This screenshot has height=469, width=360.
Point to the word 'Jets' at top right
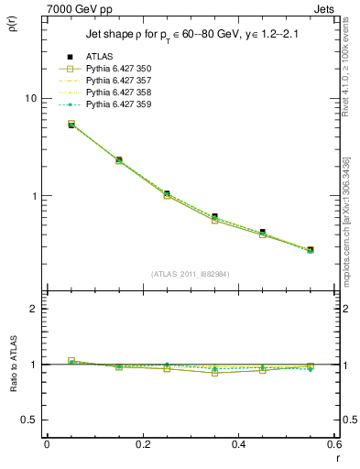coord(327,7)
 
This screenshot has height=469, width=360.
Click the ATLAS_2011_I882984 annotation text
coord(191,273)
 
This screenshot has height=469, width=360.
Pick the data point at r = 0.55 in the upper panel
coord(311,249)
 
